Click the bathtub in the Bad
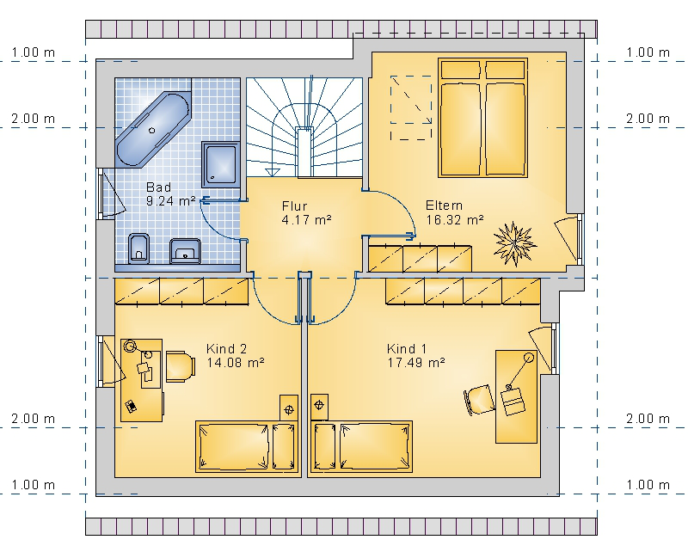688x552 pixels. [x=152, y=130]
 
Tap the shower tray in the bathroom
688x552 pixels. [x=221, y=164]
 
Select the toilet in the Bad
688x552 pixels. [x=138, y=248]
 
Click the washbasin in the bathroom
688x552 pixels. [x=185, y=251]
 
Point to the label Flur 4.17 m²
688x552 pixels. [x=306, y=213]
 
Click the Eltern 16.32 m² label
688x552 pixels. [x=455, y=212]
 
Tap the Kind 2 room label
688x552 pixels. [x=235, y=355]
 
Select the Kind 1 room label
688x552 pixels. [x=416, y=355]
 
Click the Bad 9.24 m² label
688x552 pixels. [x=170, y=194]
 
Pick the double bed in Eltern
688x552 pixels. [x=482, y=118]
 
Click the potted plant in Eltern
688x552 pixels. [x=514, y=244]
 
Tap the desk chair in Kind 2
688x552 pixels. [x=181, y=366]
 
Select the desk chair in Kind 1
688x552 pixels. [x=479, y=399]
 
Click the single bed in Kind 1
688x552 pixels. [x=361, y=447]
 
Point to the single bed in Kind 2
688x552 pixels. [x=247, y=447]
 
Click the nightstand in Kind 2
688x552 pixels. [x=289, y=408]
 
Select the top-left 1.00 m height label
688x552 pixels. [x=34, y=52]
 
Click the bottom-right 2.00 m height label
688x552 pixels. [x=648, y=419]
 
